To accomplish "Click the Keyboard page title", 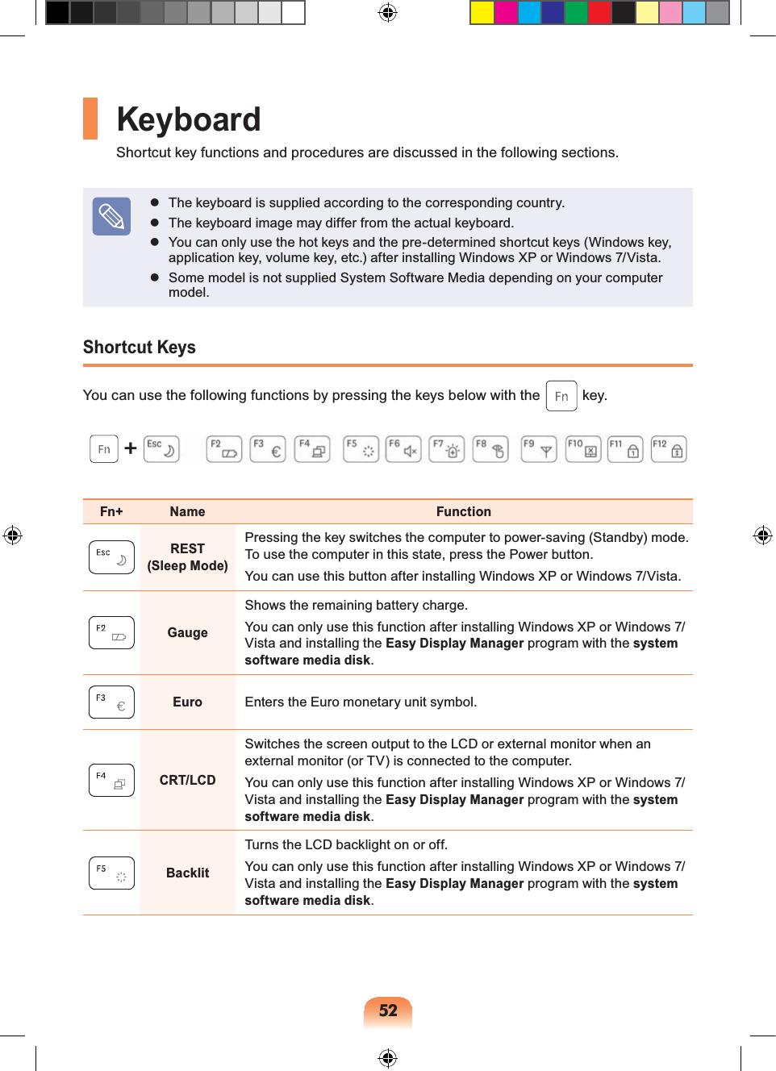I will pos(189,119).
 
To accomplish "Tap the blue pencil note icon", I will pos(111,216).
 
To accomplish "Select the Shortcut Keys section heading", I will pos(140,348).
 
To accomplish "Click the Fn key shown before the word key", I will pos(561,396).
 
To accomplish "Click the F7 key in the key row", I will pos(446,449).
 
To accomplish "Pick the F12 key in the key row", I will pos(668,449).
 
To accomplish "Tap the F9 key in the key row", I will pos(538,449).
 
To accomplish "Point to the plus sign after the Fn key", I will pos(130,448).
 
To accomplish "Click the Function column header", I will pos(463,512).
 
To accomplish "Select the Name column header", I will pos(187,512).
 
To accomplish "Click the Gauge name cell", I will pos(187,633).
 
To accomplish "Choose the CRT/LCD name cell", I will pos(187,780).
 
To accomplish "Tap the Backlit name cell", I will pos(187,873).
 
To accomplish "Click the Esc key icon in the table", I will pos(111,557).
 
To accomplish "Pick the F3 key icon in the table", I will pos(111,702).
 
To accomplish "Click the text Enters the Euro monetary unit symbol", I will pos(361,702).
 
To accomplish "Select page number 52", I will pos(388,1011).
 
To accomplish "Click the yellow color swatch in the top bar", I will pos(482,13).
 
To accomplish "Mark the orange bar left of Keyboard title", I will pos(90,119).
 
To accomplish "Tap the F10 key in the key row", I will pos(582,449).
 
